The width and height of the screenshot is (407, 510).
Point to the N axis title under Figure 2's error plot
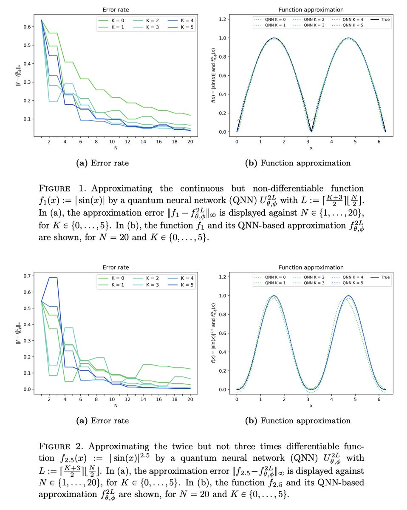(116, 406)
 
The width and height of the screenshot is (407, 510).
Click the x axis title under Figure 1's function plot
(311, 148)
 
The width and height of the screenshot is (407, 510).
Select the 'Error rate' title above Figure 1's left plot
(116, 9)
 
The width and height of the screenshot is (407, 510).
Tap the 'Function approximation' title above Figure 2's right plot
(311, 267)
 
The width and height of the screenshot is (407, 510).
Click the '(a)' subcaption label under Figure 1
(82, 163)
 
